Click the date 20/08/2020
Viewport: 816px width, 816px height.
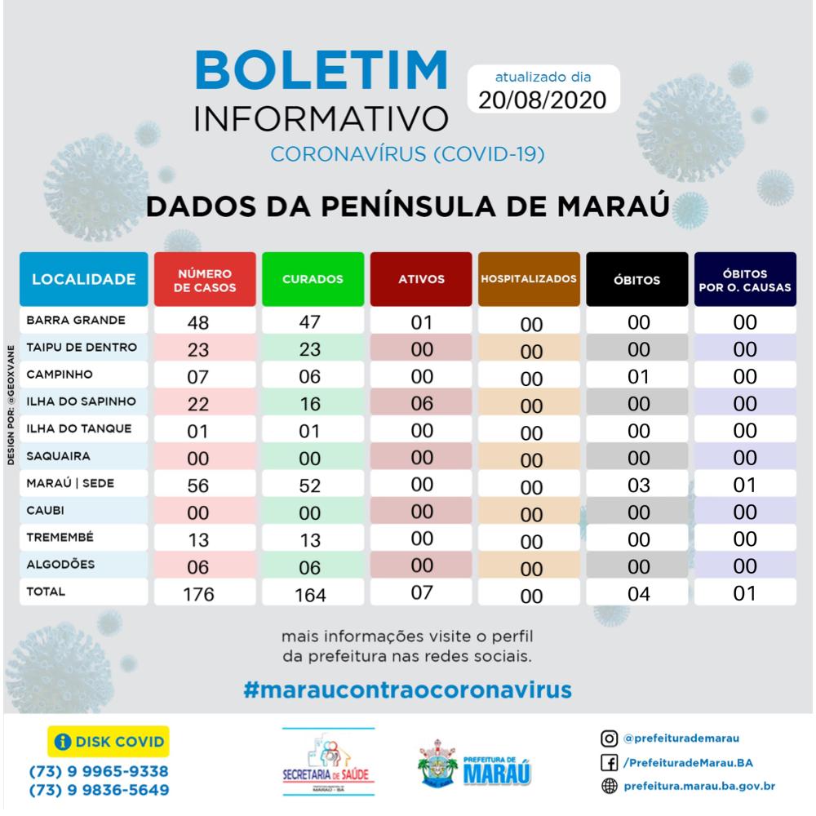point(543,100)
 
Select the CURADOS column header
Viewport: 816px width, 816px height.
point(313,279)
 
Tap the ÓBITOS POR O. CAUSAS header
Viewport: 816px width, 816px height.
point(744,280)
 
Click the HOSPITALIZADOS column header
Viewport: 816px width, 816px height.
point(529,279)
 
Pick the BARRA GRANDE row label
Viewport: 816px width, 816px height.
point(76,321)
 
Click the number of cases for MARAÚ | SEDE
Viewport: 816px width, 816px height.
point(198,485)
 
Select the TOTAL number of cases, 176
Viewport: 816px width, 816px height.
point(198,594)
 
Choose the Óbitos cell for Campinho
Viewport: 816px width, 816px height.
point(638,376)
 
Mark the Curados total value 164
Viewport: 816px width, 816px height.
point(310,595)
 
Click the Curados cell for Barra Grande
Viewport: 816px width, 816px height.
point(310,322)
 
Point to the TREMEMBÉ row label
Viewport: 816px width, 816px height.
point(61,538)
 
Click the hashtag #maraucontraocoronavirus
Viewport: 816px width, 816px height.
point(407,688)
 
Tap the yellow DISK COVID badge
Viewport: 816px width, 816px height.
point(109,742)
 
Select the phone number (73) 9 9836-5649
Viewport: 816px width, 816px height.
point(99,790)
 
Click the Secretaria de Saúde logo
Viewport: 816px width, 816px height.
point(327,757)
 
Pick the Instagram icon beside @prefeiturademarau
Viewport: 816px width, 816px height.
point(608,739)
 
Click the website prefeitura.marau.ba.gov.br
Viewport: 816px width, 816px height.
point(698,787)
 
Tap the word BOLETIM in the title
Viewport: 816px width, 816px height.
point(322,72)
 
